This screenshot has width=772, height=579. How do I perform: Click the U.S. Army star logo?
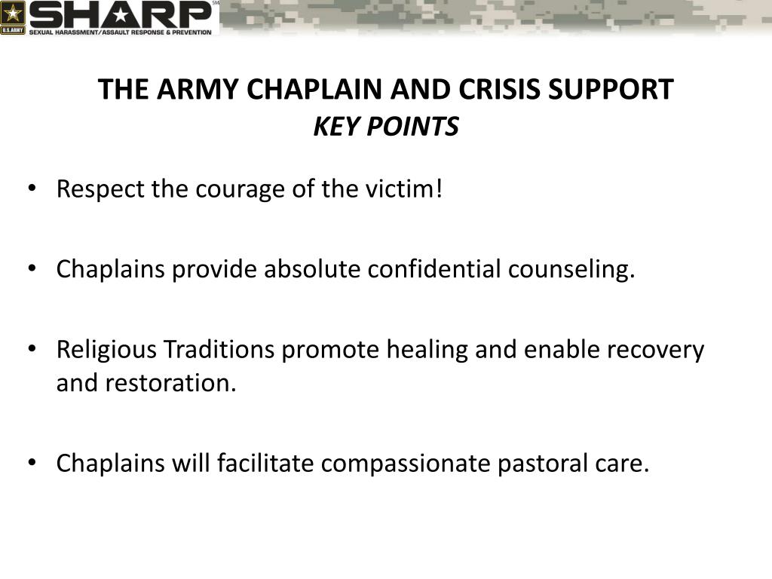coord(14,14)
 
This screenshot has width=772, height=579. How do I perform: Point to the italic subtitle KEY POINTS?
coord(385,127)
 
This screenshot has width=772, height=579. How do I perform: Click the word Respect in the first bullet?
coord(100,189)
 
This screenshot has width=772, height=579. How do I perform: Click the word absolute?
coord(312,269)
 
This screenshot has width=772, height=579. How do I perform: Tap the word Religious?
coord(107,350)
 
